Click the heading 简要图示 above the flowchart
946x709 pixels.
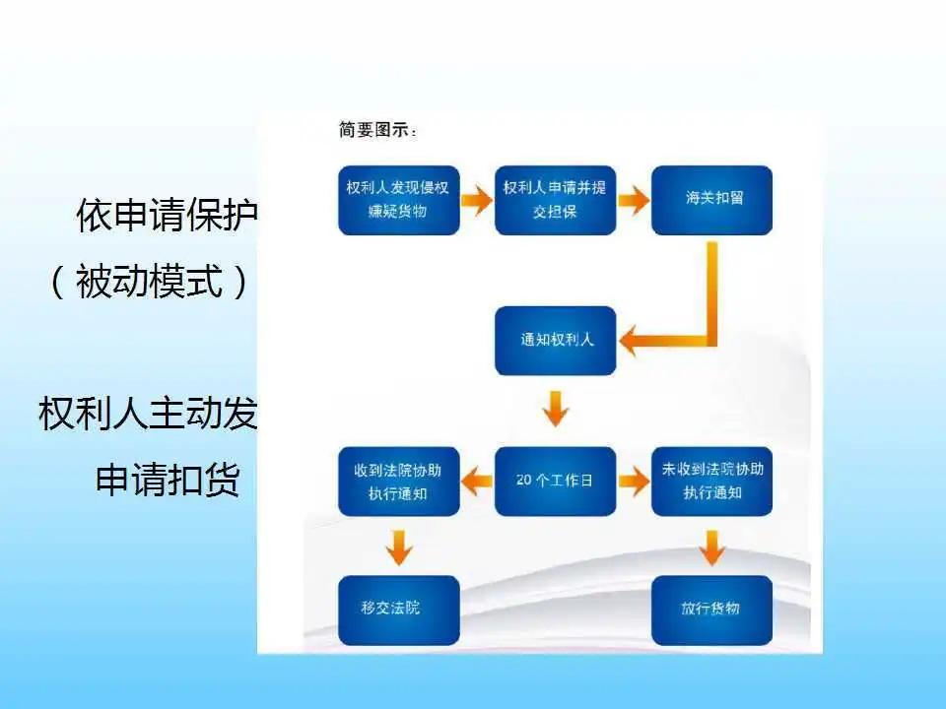(377, 129)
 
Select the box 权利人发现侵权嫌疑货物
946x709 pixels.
(399, 200)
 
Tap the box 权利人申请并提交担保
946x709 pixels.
(555, 200)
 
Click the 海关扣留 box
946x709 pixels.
(712, 200)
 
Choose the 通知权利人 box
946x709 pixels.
(555, 341)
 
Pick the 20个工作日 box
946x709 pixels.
(555, 482)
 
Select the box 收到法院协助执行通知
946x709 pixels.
(399, 482)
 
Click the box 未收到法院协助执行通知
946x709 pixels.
(712, 482)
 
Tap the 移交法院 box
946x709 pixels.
(399, 610)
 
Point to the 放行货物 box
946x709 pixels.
(712, 610)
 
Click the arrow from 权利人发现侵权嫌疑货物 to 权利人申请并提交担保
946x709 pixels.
(477, 201)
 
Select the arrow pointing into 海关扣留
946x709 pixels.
(634, 201)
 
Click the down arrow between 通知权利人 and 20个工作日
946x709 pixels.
(556, 408)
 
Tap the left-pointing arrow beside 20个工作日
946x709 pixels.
(478, 482)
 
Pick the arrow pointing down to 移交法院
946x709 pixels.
(399, 547)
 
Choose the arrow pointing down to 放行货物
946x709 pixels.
(712, 547)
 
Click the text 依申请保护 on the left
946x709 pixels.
(167, 217)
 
